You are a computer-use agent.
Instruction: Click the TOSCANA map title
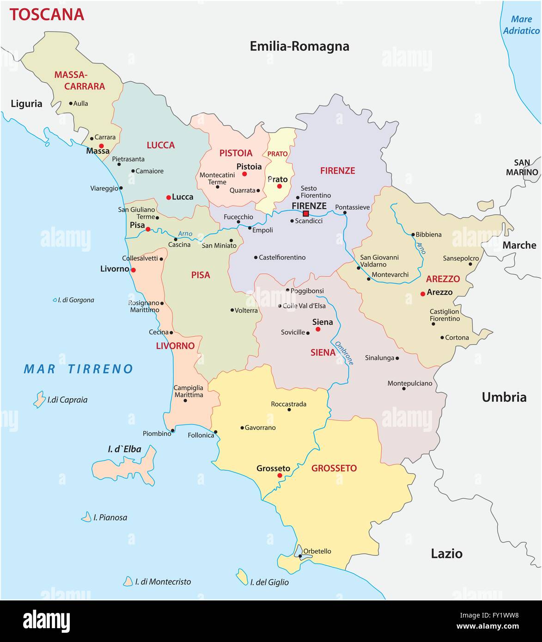coord(47,14)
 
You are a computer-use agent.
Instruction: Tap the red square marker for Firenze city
coord(305,213)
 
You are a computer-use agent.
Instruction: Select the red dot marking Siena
coord(318,329)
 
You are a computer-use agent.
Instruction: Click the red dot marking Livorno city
coord(133,270)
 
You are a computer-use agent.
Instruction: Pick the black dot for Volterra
coord(232,310)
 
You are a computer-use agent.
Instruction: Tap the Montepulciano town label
coord(409,383)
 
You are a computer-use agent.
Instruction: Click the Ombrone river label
coord(344,353)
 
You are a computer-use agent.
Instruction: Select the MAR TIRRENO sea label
coord(79,369)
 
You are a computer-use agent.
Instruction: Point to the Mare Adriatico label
coord(521,25)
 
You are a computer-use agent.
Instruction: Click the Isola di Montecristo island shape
coord(128,581)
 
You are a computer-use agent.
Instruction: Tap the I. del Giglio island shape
coord(242,577)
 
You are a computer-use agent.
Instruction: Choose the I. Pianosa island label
coord(110,517)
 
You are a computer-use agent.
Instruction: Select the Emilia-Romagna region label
coord(299,46)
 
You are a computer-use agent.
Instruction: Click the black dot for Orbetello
coord(300,556)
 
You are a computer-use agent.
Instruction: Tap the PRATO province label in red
coord(277,154)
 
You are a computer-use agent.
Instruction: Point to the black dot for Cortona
coord(442,338)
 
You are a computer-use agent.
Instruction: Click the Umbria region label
coord(504,397)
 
